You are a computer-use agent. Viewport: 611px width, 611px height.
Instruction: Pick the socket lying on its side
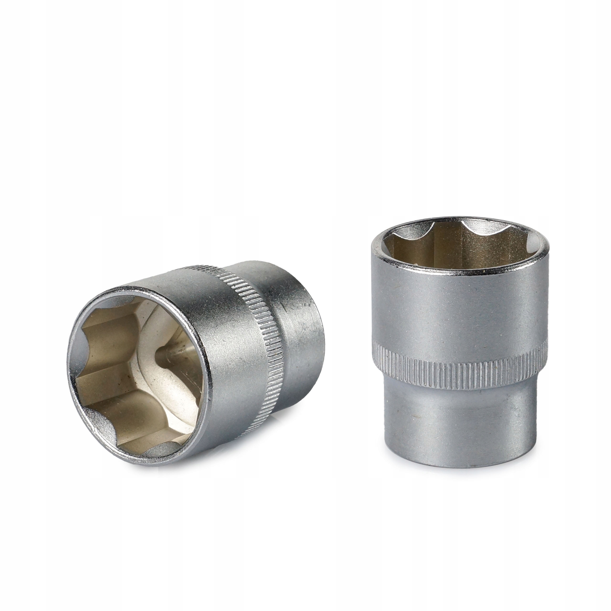[x=196, y=357]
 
